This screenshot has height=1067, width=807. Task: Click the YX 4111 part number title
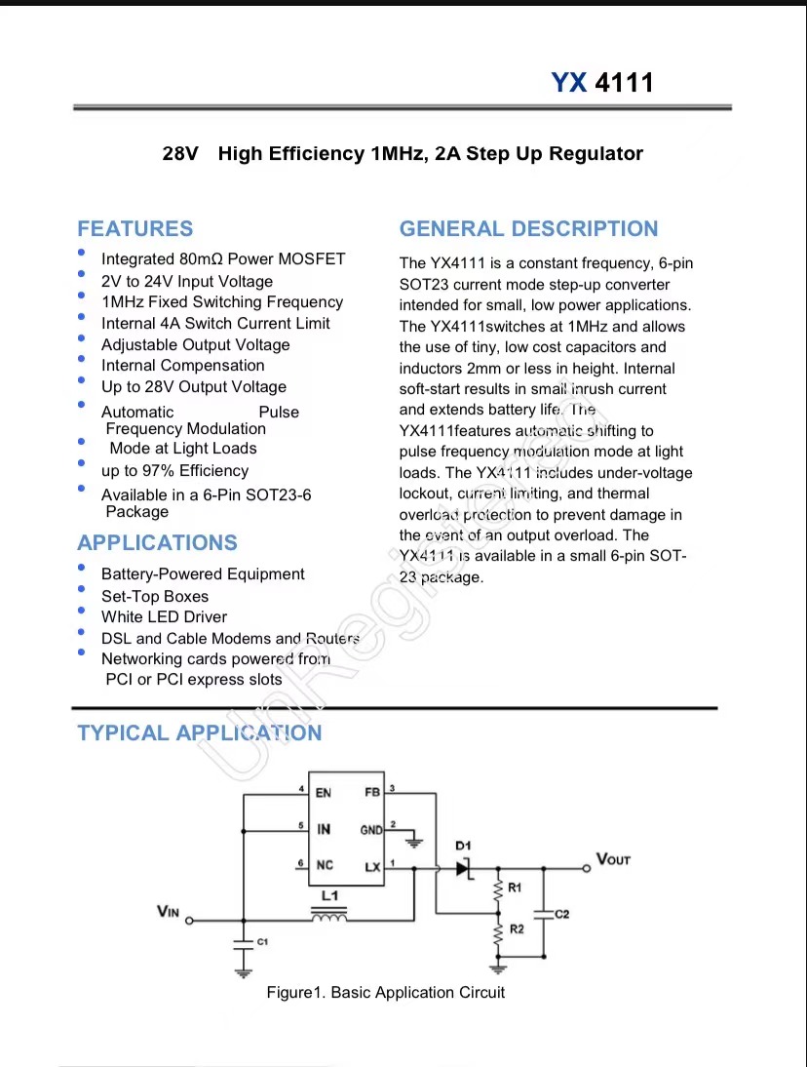602,83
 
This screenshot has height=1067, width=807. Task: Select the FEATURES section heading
135,229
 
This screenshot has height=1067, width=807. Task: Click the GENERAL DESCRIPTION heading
528,229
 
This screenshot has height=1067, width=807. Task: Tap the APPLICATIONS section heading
157,543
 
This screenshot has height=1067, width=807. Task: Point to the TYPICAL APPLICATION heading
199,733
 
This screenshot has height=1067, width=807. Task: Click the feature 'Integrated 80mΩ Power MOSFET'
223,259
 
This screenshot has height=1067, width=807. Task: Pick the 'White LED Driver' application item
164,617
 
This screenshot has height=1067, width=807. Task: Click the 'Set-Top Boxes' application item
155,596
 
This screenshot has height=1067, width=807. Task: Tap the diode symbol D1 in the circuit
464,867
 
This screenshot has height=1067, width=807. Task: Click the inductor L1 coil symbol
328,916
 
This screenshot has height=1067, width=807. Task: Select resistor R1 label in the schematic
515,888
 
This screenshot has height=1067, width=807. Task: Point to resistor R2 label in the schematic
517,929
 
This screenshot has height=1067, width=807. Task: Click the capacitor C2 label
561,914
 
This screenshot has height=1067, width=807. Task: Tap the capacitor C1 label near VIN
261,941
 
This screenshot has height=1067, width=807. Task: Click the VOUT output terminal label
613,859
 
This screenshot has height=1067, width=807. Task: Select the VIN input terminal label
168,911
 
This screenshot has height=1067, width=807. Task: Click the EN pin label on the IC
323,793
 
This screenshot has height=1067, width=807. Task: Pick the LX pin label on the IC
373,867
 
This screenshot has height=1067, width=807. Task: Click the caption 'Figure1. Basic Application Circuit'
386,993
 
